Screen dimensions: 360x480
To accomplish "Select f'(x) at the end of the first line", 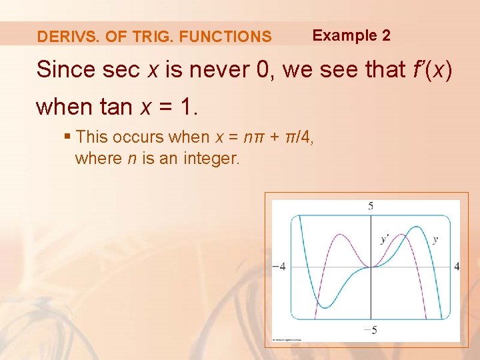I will [x=429, y=69].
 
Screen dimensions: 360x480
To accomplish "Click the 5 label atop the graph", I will [x=371, y=206].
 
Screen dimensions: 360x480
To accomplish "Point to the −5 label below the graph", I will [x=371, y=329].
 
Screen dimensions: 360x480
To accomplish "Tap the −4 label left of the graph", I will [x=279, y=266].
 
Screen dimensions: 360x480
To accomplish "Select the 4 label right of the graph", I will [x=457, y=266].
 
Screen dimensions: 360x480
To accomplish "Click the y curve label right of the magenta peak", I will [x=435, y=239].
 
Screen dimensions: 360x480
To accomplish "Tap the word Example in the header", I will [x=343, y=35].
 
